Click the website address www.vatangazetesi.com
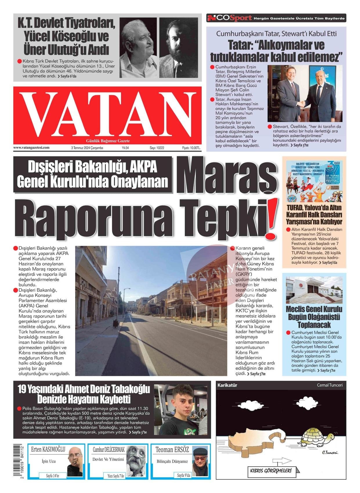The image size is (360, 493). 31,148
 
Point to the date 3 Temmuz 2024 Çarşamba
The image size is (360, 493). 87,148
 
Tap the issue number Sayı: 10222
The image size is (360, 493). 157,148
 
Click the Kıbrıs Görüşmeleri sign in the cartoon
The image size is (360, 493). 271,470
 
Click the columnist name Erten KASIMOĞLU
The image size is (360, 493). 48,450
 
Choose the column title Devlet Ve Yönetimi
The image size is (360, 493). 108,459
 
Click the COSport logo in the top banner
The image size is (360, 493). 229,18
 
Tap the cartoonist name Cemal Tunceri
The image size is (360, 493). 330,385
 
